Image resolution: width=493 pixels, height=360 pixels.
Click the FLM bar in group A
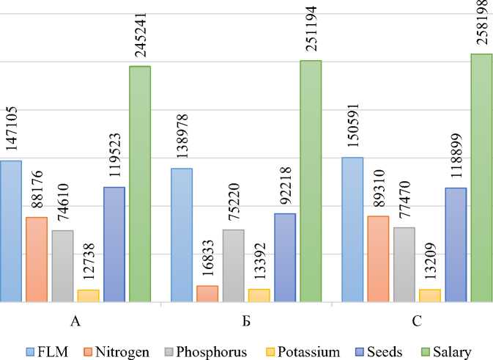pos(11,231)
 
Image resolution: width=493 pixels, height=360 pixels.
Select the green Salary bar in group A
pos(140,183)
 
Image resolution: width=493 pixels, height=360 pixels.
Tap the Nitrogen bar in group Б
pos(207,293)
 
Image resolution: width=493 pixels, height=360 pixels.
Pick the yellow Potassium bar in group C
pos(430,295)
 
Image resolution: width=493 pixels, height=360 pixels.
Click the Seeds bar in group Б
pos(285,257)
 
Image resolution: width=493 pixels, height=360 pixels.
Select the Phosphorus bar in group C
pos(404,264)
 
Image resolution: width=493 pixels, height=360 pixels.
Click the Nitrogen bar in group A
pos(37,259)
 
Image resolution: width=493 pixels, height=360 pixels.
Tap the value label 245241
pos(139,32)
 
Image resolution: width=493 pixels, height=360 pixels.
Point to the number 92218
pos(286,186)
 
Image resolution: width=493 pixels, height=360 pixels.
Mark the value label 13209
pos(430,261)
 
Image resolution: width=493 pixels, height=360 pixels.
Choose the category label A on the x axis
pos(76,322)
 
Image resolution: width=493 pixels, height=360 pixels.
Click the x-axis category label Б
pos(247,322)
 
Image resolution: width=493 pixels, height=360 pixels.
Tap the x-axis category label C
pos(417,322)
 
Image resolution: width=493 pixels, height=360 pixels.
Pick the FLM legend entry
pos(51,351)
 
